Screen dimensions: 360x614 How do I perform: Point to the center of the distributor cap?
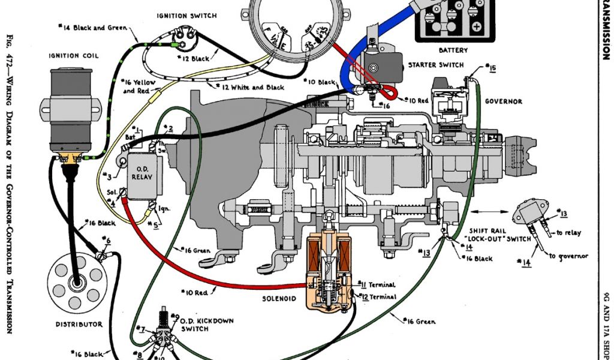76,281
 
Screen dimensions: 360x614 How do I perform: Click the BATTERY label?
453,50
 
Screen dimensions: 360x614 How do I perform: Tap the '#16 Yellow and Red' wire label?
137,86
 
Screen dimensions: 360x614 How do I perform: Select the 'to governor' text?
568,256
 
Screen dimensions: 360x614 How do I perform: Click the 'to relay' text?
568,233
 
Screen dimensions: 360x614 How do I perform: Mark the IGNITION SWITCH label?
186,15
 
